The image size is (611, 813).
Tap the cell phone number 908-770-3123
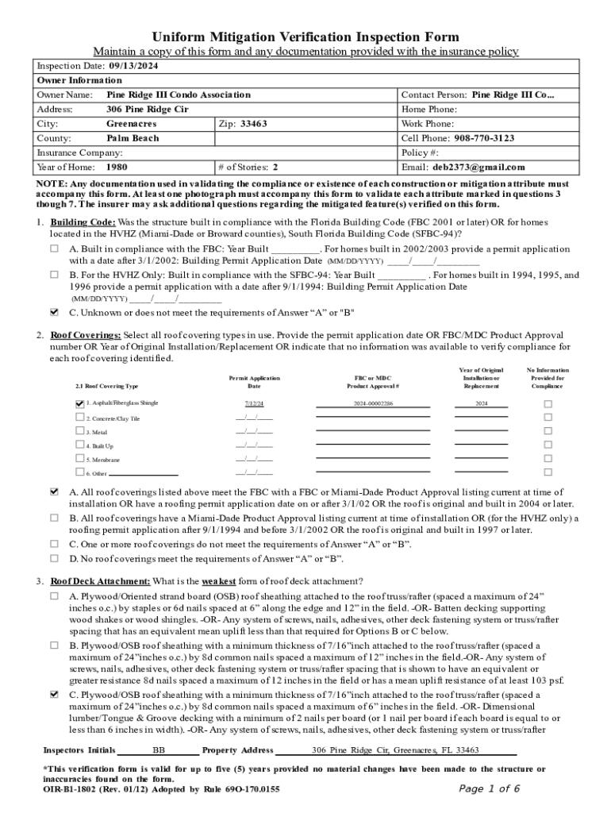(x=480, y=138)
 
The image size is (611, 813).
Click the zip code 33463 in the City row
(x=253, y=124)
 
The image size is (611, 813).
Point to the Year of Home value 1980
(x=117, y=168)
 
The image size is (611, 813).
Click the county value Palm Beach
(x=133, y=138)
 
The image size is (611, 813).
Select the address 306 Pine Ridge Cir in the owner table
(x=147, y=110)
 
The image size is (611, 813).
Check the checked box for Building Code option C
(x=55, y=312)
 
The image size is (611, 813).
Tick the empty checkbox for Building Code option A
(x=55, y=248)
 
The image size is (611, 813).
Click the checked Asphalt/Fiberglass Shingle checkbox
(x=79, y=403)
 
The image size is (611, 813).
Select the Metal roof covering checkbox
(x=79, y=431)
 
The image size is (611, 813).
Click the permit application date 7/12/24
(x=254, y=404)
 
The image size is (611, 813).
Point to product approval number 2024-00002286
(x=373, y=404)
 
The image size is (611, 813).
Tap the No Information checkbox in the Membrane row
(x=547, y=459)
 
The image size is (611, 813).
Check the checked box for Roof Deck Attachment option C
(x=55, y=694)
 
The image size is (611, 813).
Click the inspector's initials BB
(x=159, y=750)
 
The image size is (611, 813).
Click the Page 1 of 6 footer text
(x=490, y=788)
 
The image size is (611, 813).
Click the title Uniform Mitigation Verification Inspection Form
(x=305, y=37)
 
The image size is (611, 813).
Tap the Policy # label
(x=421, y=152)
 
